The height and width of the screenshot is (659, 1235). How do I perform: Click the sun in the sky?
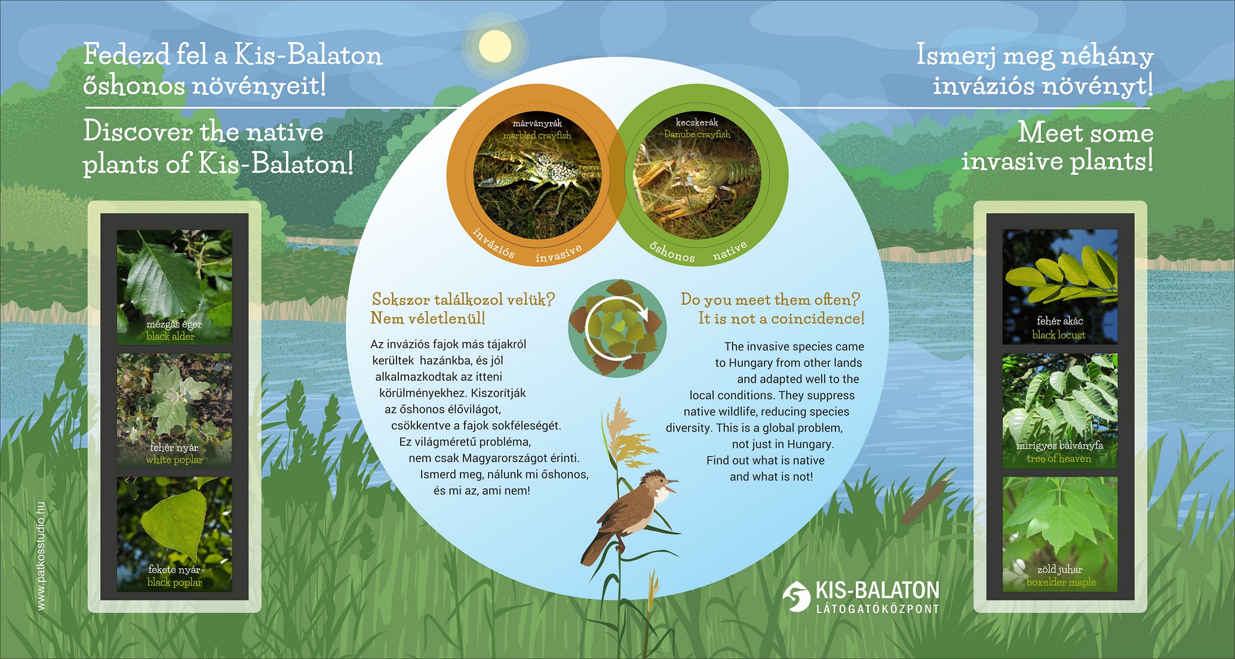495,46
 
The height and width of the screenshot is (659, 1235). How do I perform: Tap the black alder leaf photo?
174,287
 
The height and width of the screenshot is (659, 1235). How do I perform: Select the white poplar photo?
174,411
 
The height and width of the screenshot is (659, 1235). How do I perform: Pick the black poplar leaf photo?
174,534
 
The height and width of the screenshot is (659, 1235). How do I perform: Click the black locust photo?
1060,287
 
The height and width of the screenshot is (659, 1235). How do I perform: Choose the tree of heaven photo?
1060,411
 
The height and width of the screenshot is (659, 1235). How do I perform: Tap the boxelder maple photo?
1060,534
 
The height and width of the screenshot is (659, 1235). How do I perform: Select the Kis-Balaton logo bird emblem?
796,596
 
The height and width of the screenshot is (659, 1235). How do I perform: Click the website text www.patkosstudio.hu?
41,556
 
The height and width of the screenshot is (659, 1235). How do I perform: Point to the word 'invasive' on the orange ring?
558,254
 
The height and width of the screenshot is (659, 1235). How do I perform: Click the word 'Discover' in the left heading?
139,131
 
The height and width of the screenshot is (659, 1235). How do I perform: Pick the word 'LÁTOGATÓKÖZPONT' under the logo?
878,609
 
